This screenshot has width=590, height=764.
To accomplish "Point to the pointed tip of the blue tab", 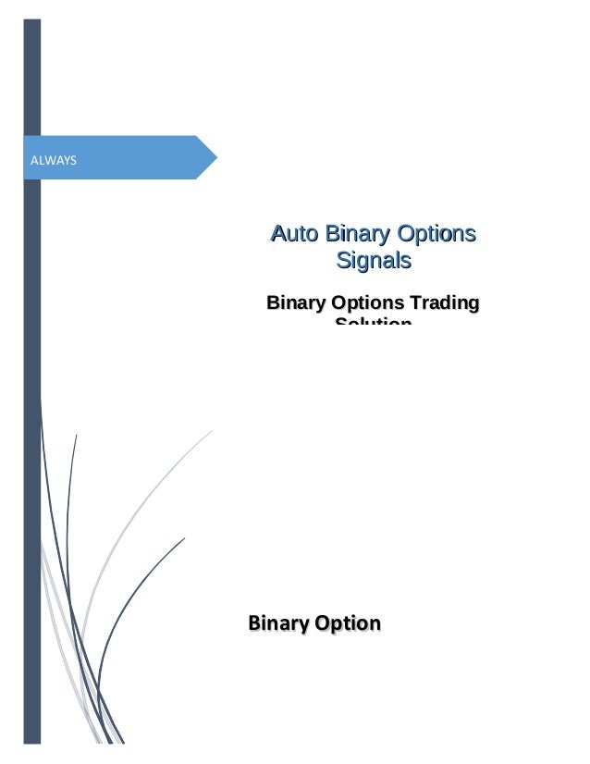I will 216,157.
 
